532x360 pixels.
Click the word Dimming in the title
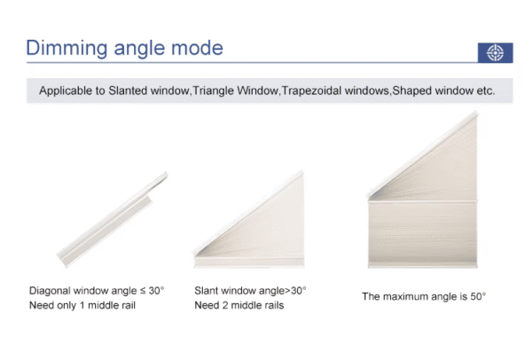66,48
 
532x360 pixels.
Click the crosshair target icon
495,52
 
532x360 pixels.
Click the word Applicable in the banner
65,90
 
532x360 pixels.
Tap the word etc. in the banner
486,91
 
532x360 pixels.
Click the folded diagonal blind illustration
112,220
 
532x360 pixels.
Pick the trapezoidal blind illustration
422,190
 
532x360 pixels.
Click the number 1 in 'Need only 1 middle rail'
82,305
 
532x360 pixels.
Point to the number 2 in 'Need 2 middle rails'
225,305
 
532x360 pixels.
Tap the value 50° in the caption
478,296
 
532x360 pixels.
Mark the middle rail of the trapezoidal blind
422,201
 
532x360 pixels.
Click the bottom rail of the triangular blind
248,262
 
